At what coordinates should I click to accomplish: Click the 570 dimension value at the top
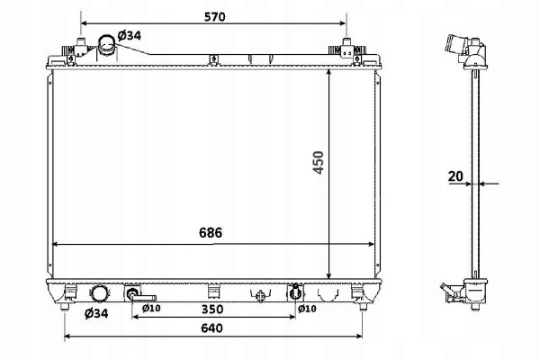[214, 16]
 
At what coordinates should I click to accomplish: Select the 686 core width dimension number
[211, 232]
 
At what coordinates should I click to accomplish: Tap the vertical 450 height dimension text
[319, 163]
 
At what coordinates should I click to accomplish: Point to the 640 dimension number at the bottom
[211, 328]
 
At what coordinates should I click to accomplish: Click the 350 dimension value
[212, 309]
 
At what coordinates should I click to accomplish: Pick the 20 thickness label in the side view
[455, 176]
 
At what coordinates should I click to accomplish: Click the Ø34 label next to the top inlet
[129, 35]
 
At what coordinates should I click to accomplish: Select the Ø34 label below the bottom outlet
[96, 313]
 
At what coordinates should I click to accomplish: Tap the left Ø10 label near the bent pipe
[151, 308]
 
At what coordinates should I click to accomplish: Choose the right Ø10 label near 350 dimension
[307, 309]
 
